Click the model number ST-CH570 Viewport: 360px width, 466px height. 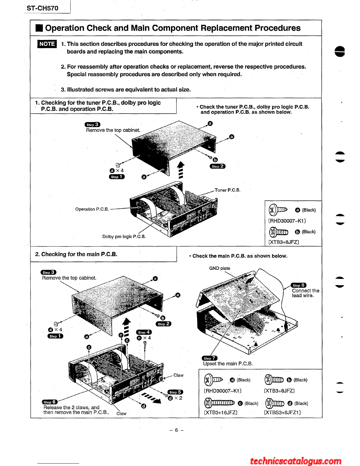42,8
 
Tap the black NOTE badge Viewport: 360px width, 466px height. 47,44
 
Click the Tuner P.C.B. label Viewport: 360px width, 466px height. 227,190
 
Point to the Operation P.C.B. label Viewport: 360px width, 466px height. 92,209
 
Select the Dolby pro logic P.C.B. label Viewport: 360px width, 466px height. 124,237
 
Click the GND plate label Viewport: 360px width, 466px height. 219,268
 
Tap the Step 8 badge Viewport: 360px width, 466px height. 299,285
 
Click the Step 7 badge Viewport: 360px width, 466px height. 209,358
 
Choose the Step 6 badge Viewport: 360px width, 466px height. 50,402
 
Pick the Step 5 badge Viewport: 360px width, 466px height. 175,392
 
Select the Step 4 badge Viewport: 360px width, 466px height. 144,332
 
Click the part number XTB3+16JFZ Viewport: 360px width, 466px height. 221,412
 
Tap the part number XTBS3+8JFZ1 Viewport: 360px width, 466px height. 282,412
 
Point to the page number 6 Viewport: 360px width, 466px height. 176,430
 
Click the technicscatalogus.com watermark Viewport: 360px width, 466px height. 296,461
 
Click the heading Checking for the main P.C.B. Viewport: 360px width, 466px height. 76,254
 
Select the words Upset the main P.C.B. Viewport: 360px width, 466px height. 228,364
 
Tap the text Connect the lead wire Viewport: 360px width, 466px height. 305,293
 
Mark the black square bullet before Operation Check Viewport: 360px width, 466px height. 39,28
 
